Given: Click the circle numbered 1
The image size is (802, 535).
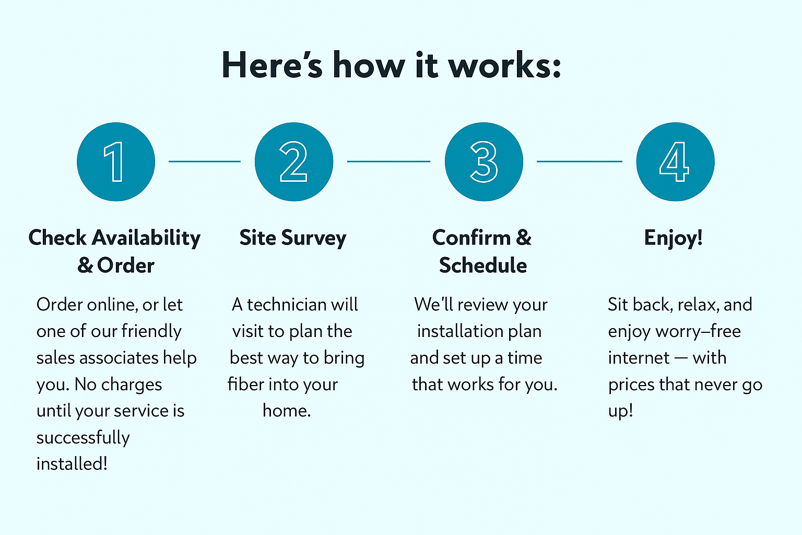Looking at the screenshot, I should tap(116, 161).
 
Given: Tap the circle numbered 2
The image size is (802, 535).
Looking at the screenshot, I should tap(294, 161).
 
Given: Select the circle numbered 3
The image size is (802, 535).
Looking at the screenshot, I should tap(484, 161).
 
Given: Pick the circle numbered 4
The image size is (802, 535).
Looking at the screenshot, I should tap(675, 161).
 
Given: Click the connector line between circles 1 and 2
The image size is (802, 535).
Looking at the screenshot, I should tap(205, 161).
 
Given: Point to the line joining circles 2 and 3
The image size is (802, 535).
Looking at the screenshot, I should tap(388, 161).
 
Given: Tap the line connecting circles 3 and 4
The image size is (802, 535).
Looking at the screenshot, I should tap(580, 161).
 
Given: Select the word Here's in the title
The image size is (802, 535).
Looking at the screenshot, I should tap(272, 66).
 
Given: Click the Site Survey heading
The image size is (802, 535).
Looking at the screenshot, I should tap(293, 238).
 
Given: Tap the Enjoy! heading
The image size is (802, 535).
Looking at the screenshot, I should tap(673, 238).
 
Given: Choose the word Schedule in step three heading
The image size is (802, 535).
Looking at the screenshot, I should tap(483, 265).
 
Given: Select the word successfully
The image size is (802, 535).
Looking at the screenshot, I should tap(83, 438).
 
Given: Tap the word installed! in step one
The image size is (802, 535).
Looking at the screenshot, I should tap(72, 464).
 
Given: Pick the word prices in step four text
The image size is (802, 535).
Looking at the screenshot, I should tap(631, 385).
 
